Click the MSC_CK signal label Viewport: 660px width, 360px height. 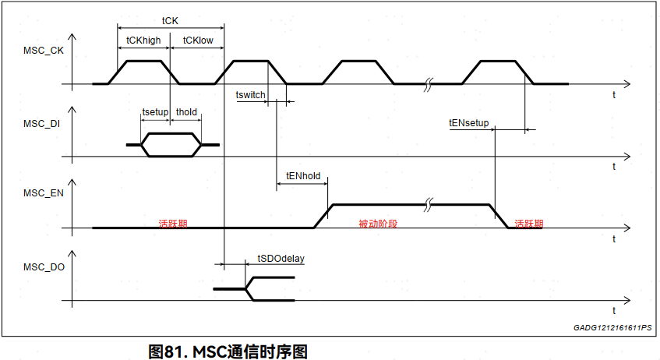44,51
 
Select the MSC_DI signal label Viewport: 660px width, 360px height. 42,123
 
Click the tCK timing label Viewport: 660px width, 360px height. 169,21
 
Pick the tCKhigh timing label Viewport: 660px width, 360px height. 143,40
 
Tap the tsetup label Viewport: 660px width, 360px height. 155,112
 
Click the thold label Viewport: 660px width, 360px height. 186,112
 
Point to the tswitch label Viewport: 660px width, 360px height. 250,95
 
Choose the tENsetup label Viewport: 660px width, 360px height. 468,122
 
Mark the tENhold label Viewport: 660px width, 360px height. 303,176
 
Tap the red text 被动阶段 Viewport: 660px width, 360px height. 377,224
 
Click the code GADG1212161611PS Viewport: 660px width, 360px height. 612,329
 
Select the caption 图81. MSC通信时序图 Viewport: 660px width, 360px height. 228,351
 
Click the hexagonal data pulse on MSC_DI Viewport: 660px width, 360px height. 171,145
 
